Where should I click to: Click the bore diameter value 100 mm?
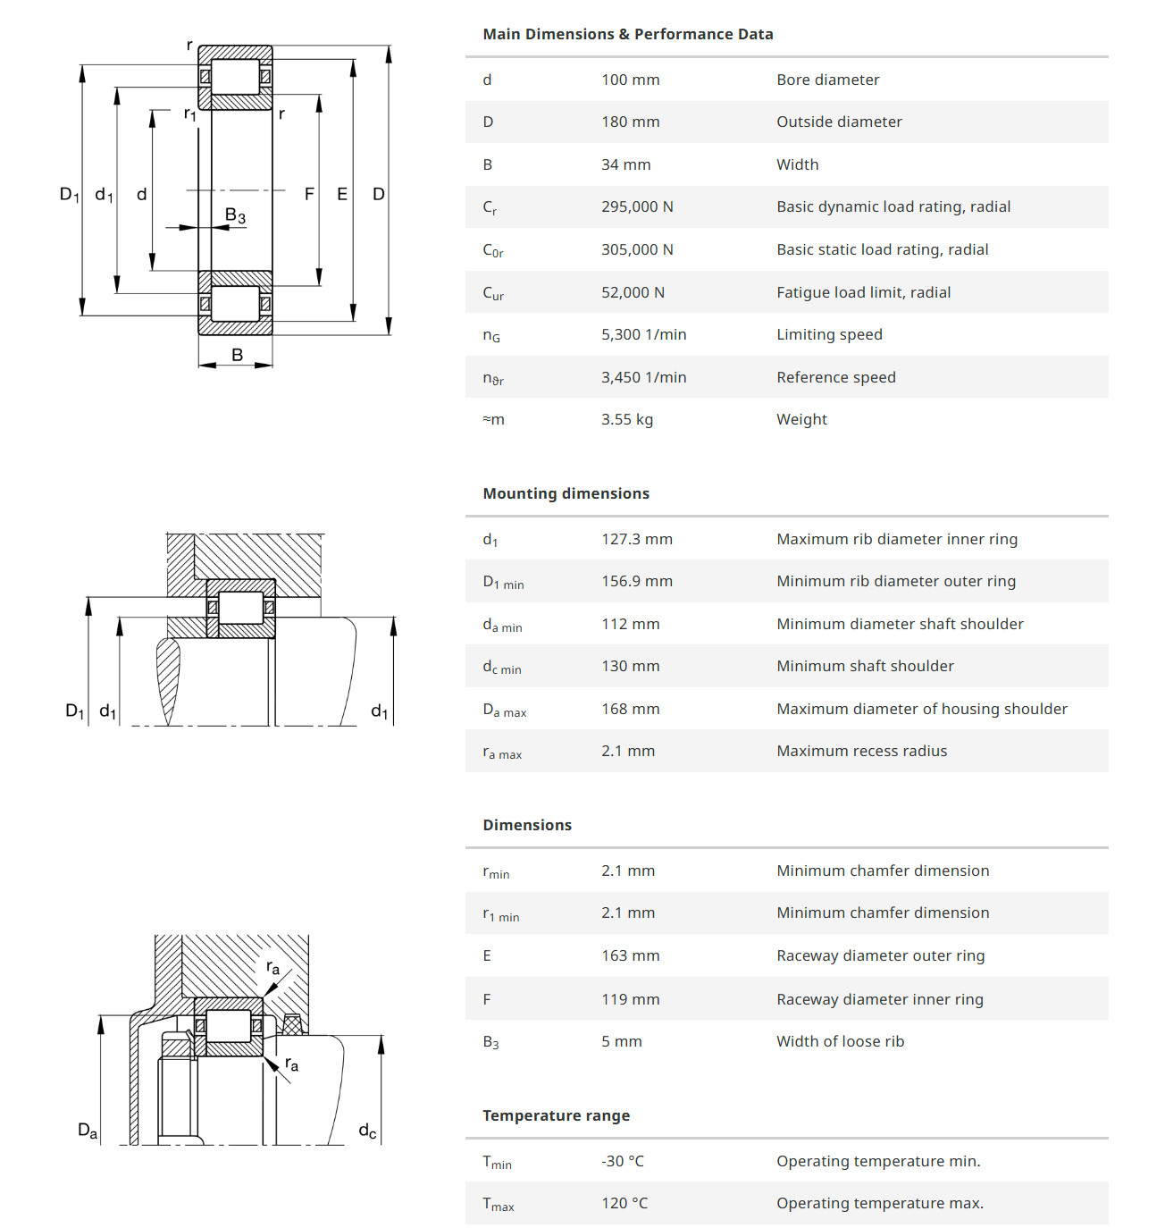[x=630, y=80]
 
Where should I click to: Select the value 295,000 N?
[x=637, y=206]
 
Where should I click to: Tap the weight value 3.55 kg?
[x=626, y=419]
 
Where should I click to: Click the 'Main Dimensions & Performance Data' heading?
[x=627, y=34]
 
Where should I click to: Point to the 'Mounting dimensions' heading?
[x=566, y=493]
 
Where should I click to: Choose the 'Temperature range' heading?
[x=556, y=1115]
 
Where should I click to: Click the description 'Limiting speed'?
[x=829, y=334]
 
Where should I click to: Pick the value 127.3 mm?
[x=636, y=539]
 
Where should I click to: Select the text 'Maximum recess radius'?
[x=861, y=751]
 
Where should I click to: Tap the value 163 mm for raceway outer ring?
[x=630, y=955]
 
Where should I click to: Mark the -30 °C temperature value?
[x=622, y=1161]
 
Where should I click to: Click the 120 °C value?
[x=624, y=1203]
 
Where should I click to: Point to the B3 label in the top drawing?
[x=235, y=215]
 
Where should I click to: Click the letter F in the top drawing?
[x=309, y=194]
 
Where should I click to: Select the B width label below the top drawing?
[x=237, y=355]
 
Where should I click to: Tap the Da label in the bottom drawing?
[x=88, y=1131]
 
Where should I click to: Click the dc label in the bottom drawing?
[x=367, y=1131]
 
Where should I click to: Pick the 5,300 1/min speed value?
[x=643, y=334]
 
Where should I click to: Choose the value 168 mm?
[x=630, y=709]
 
